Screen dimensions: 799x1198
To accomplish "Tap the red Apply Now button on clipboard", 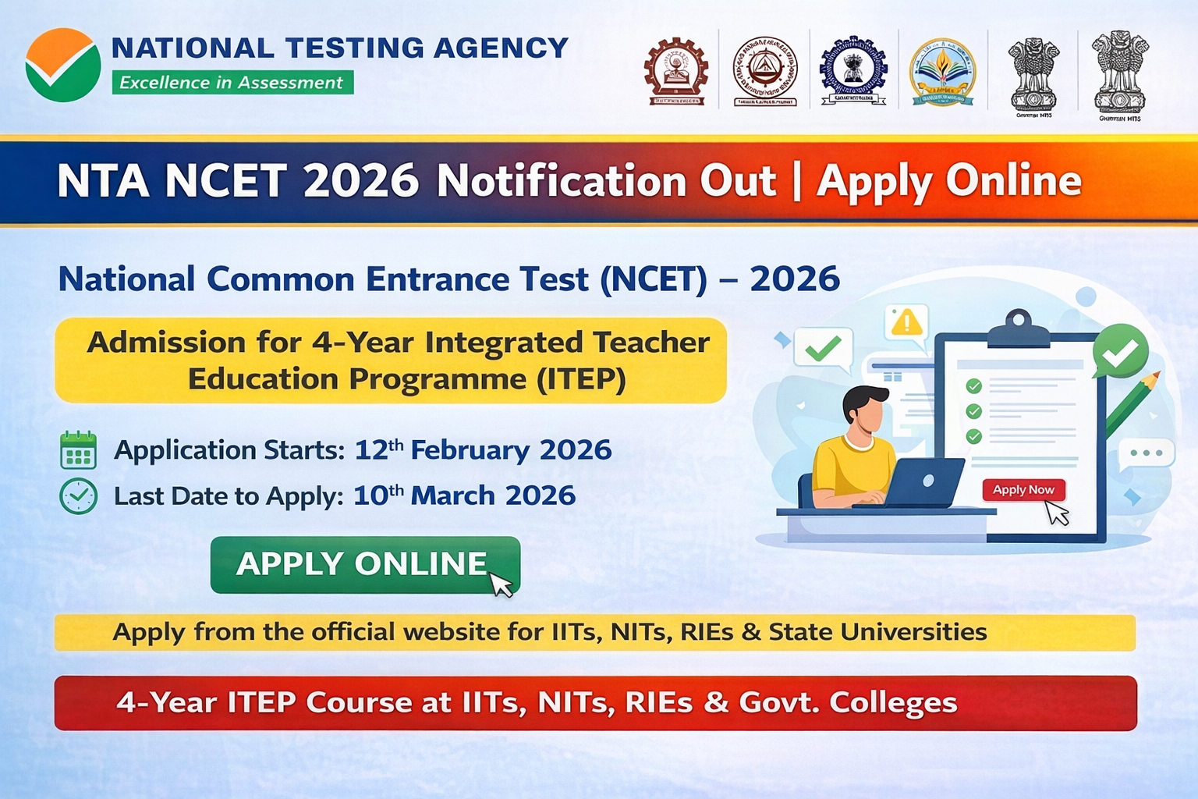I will click(x=1023, y=490).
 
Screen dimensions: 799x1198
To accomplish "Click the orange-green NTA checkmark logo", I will click(x=62, y=65).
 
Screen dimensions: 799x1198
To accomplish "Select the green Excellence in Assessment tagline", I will click(x=232, y=83).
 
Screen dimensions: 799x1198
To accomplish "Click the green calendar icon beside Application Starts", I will click(x=78, y=450).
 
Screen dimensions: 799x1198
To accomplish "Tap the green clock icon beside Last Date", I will click(x=78, y=496).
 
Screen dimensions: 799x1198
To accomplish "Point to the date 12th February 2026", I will click(x=483, y=450).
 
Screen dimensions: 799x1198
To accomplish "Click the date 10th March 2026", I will click(x=464, y=495).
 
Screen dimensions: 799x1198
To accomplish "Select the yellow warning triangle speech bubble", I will click(x=906, y=322).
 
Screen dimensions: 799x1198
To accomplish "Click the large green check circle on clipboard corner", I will click(x=1120, y=352).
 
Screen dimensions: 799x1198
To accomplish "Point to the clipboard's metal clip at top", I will click(x=1018, y=328).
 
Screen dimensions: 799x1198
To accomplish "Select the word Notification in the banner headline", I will click(x=606, y=181).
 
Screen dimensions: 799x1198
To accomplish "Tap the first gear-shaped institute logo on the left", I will click(x=675, y=70).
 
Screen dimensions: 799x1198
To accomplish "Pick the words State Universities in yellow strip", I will click(x=877, y=631).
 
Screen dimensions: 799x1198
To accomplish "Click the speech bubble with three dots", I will click(x=1147, y=453).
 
